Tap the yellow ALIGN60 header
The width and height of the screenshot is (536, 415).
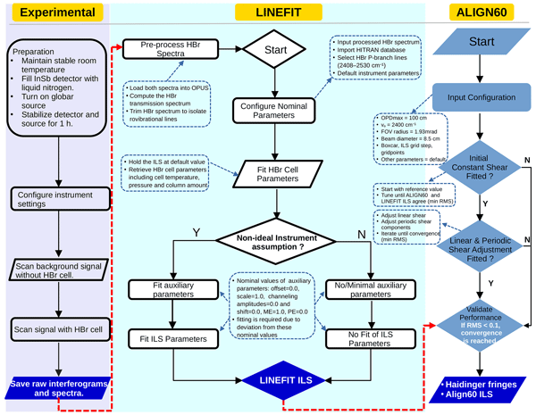[x=483, y=13]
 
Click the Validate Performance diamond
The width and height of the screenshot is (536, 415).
[x=483, y=321]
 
